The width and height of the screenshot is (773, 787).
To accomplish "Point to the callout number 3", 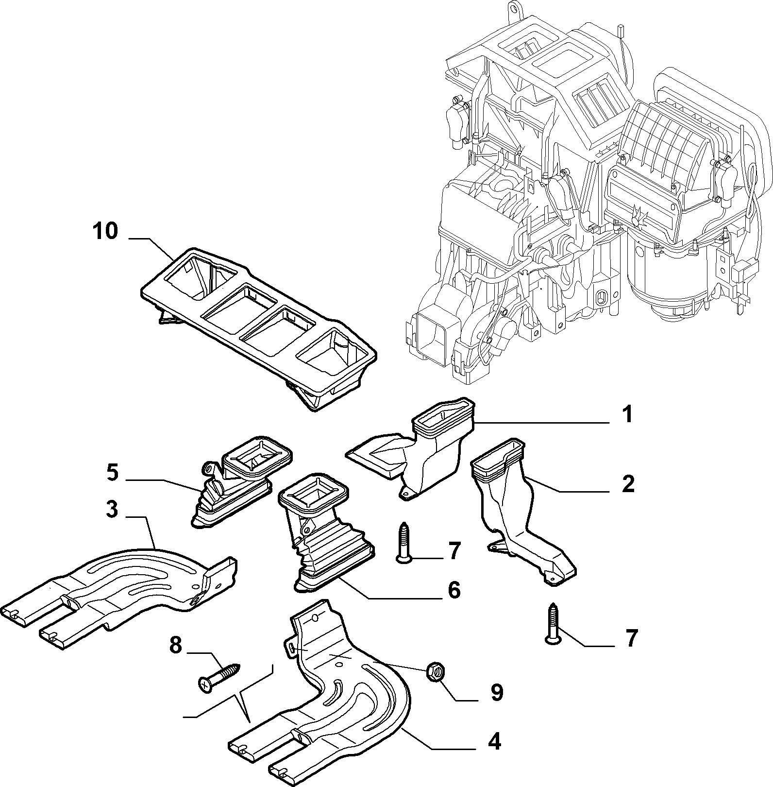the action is click(x=112, y=510).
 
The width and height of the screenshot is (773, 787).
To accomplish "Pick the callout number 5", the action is click(x=112, y=473).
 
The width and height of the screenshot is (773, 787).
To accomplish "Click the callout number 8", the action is click(x=175, y=646).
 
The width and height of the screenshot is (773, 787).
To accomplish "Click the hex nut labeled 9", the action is click(x=433, y=672).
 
